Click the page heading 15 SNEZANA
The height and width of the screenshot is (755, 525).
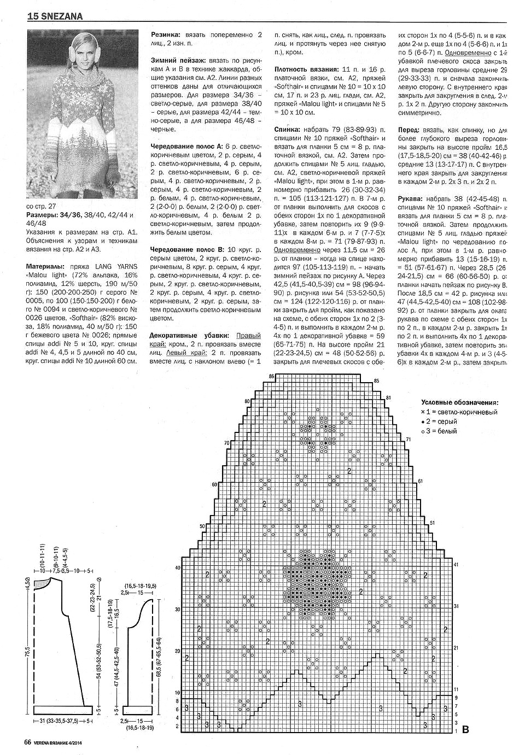[x=55, y=16]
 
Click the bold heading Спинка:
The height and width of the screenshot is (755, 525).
[x=287, y=130]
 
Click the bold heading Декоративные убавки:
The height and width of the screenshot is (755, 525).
[x=191, y=335]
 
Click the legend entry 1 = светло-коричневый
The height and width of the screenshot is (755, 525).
[x=462, y=412]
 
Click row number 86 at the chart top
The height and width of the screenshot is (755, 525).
[x=272, y=377]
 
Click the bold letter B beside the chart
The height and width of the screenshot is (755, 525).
[x=465, y=729]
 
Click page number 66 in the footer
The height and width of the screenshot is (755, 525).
[x=27, y=742]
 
